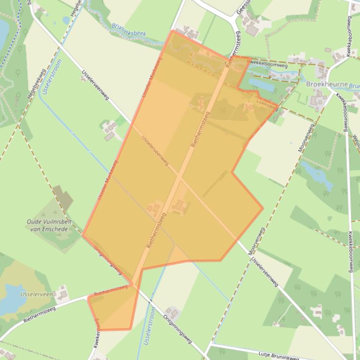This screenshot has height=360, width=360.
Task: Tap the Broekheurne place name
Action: (x=327, y=85)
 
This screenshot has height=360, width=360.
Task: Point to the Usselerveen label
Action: (x=36, y=294)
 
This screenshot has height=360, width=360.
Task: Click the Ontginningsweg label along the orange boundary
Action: (x=108, y=260)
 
